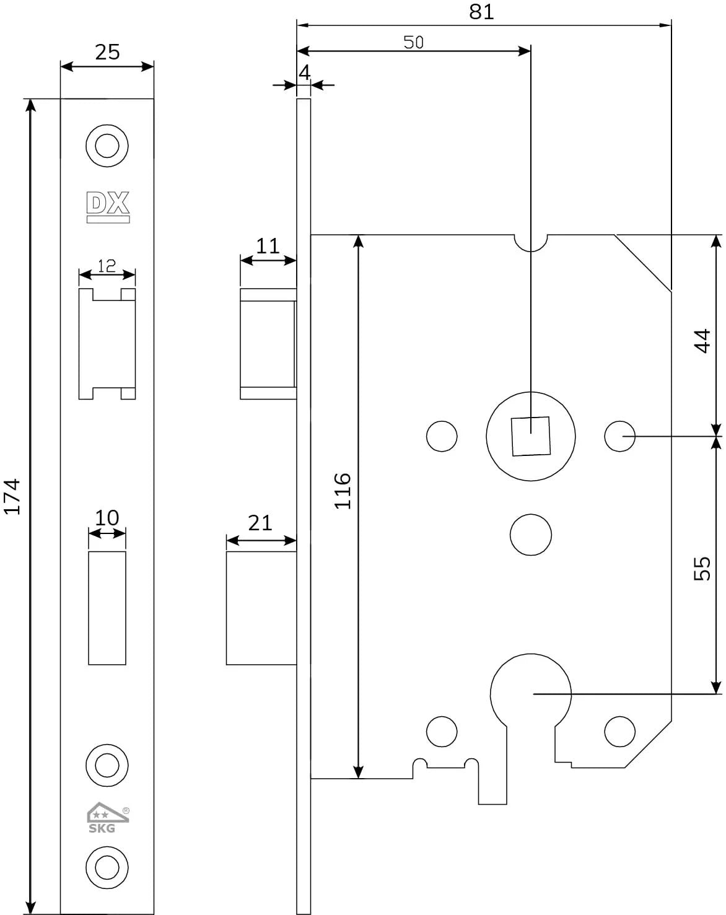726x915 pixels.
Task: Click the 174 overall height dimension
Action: (12, 496)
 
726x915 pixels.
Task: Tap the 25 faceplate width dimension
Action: (107, 52)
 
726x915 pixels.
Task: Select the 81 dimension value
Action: (482, 12)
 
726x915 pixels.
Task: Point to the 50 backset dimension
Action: (413, 42)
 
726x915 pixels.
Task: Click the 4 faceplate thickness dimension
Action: (304, 73)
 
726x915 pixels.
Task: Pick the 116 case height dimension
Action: (343, 491)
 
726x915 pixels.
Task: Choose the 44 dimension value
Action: (702, 341)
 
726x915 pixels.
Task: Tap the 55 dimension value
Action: (702, 568)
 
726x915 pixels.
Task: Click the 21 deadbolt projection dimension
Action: (260, 523)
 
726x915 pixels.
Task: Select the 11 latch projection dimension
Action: (268, 246)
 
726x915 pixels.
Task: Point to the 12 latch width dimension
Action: (107, 266)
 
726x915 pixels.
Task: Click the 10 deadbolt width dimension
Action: (107, 517)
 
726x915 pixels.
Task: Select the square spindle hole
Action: (530, 436)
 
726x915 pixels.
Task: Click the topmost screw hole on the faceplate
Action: (107, 146)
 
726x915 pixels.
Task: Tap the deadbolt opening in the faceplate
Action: (107, 607)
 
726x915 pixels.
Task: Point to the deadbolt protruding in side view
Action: (261, 607)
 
